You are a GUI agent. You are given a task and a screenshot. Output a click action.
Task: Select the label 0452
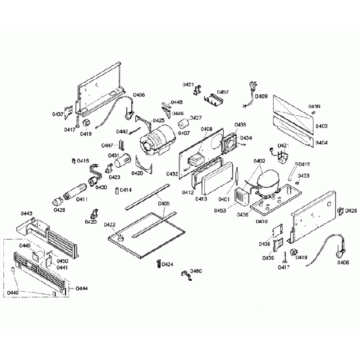[x=223, y=92]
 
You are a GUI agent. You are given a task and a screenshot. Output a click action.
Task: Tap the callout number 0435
[x=240, y=125]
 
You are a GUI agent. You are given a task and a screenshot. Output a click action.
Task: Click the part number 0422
[x=110, y=224]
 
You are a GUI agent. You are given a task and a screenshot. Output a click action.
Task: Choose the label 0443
[x=26, y=213]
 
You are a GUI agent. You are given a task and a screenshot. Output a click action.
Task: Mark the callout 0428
[x=351, y=210]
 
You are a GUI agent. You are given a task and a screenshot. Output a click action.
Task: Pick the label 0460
[x=196, y=271]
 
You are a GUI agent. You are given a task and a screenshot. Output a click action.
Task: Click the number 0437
[x=58, y=114]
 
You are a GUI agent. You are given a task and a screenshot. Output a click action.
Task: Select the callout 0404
[x=322, y=142]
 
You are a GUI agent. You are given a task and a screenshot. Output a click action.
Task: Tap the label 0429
[x=59, y=210]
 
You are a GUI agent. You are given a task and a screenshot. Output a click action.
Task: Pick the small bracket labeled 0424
[x=159, y=264]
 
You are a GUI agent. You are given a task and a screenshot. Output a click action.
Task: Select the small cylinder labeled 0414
[x=116, y=191]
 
